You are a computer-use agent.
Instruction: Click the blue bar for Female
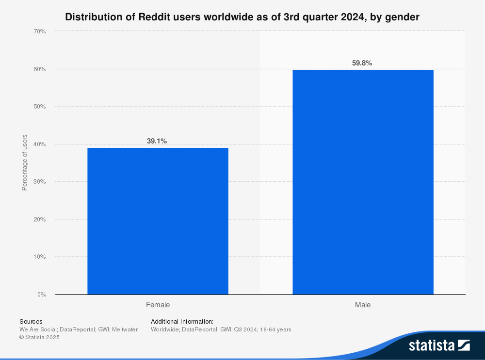(x=158, y=221)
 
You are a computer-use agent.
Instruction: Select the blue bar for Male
(x=363, y=182)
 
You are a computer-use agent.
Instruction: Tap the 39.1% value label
(x=157, y=141)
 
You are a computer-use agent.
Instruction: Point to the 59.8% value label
(x=362, y=63)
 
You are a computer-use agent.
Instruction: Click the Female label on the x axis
(x=158, y=305)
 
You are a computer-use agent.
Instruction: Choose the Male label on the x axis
(x=363, y=305)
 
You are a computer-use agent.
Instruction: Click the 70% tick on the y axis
(x=40, y=31)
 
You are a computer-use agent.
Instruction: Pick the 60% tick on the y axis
(x=40, y=69)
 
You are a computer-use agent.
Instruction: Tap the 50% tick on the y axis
(x=40, y=107)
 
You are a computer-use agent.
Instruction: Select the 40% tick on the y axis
(x=40, y=144)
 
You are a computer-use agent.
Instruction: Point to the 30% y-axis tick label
(x=40, y=182)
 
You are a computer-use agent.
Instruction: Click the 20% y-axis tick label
(x=40, y=219)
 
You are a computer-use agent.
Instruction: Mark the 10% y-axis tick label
(x=40, y=257)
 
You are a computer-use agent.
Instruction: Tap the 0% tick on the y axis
(x=42, y=295)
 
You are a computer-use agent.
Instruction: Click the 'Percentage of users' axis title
(x=25, y=162)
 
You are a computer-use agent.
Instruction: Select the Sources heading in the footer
(x=31, y=321)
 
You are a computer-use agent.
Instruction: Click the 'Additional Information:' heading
(x=182, y=321)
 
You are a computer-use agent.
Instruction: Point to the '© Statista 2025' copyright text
(x=39, y=337)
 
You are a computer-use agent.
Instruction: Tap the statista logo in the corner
(x=439, y=345)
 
